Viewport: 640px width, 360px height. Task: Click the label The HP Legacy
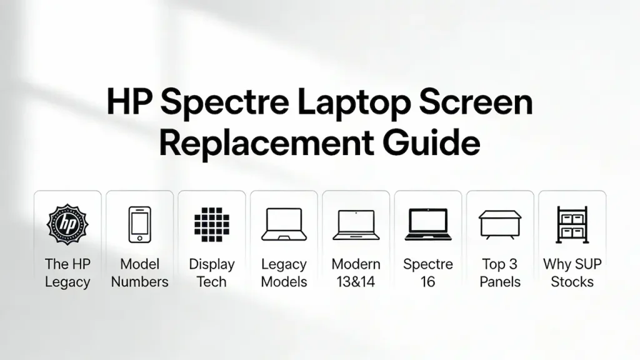click(67, 273)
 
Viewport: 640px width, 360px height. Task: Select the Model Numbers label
click(139, 273)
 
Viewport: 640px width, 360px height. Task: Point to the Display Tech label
click(212, 273)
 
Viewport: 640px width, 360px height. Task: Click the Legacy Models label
click(284, 273)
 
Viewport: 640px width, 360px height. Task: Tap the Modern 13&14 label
click(356, 273)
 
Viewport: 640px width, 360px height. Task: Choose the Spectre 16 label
click(427, 273)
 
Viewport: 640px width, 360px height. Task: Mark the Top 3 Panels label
click(500, 273)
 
